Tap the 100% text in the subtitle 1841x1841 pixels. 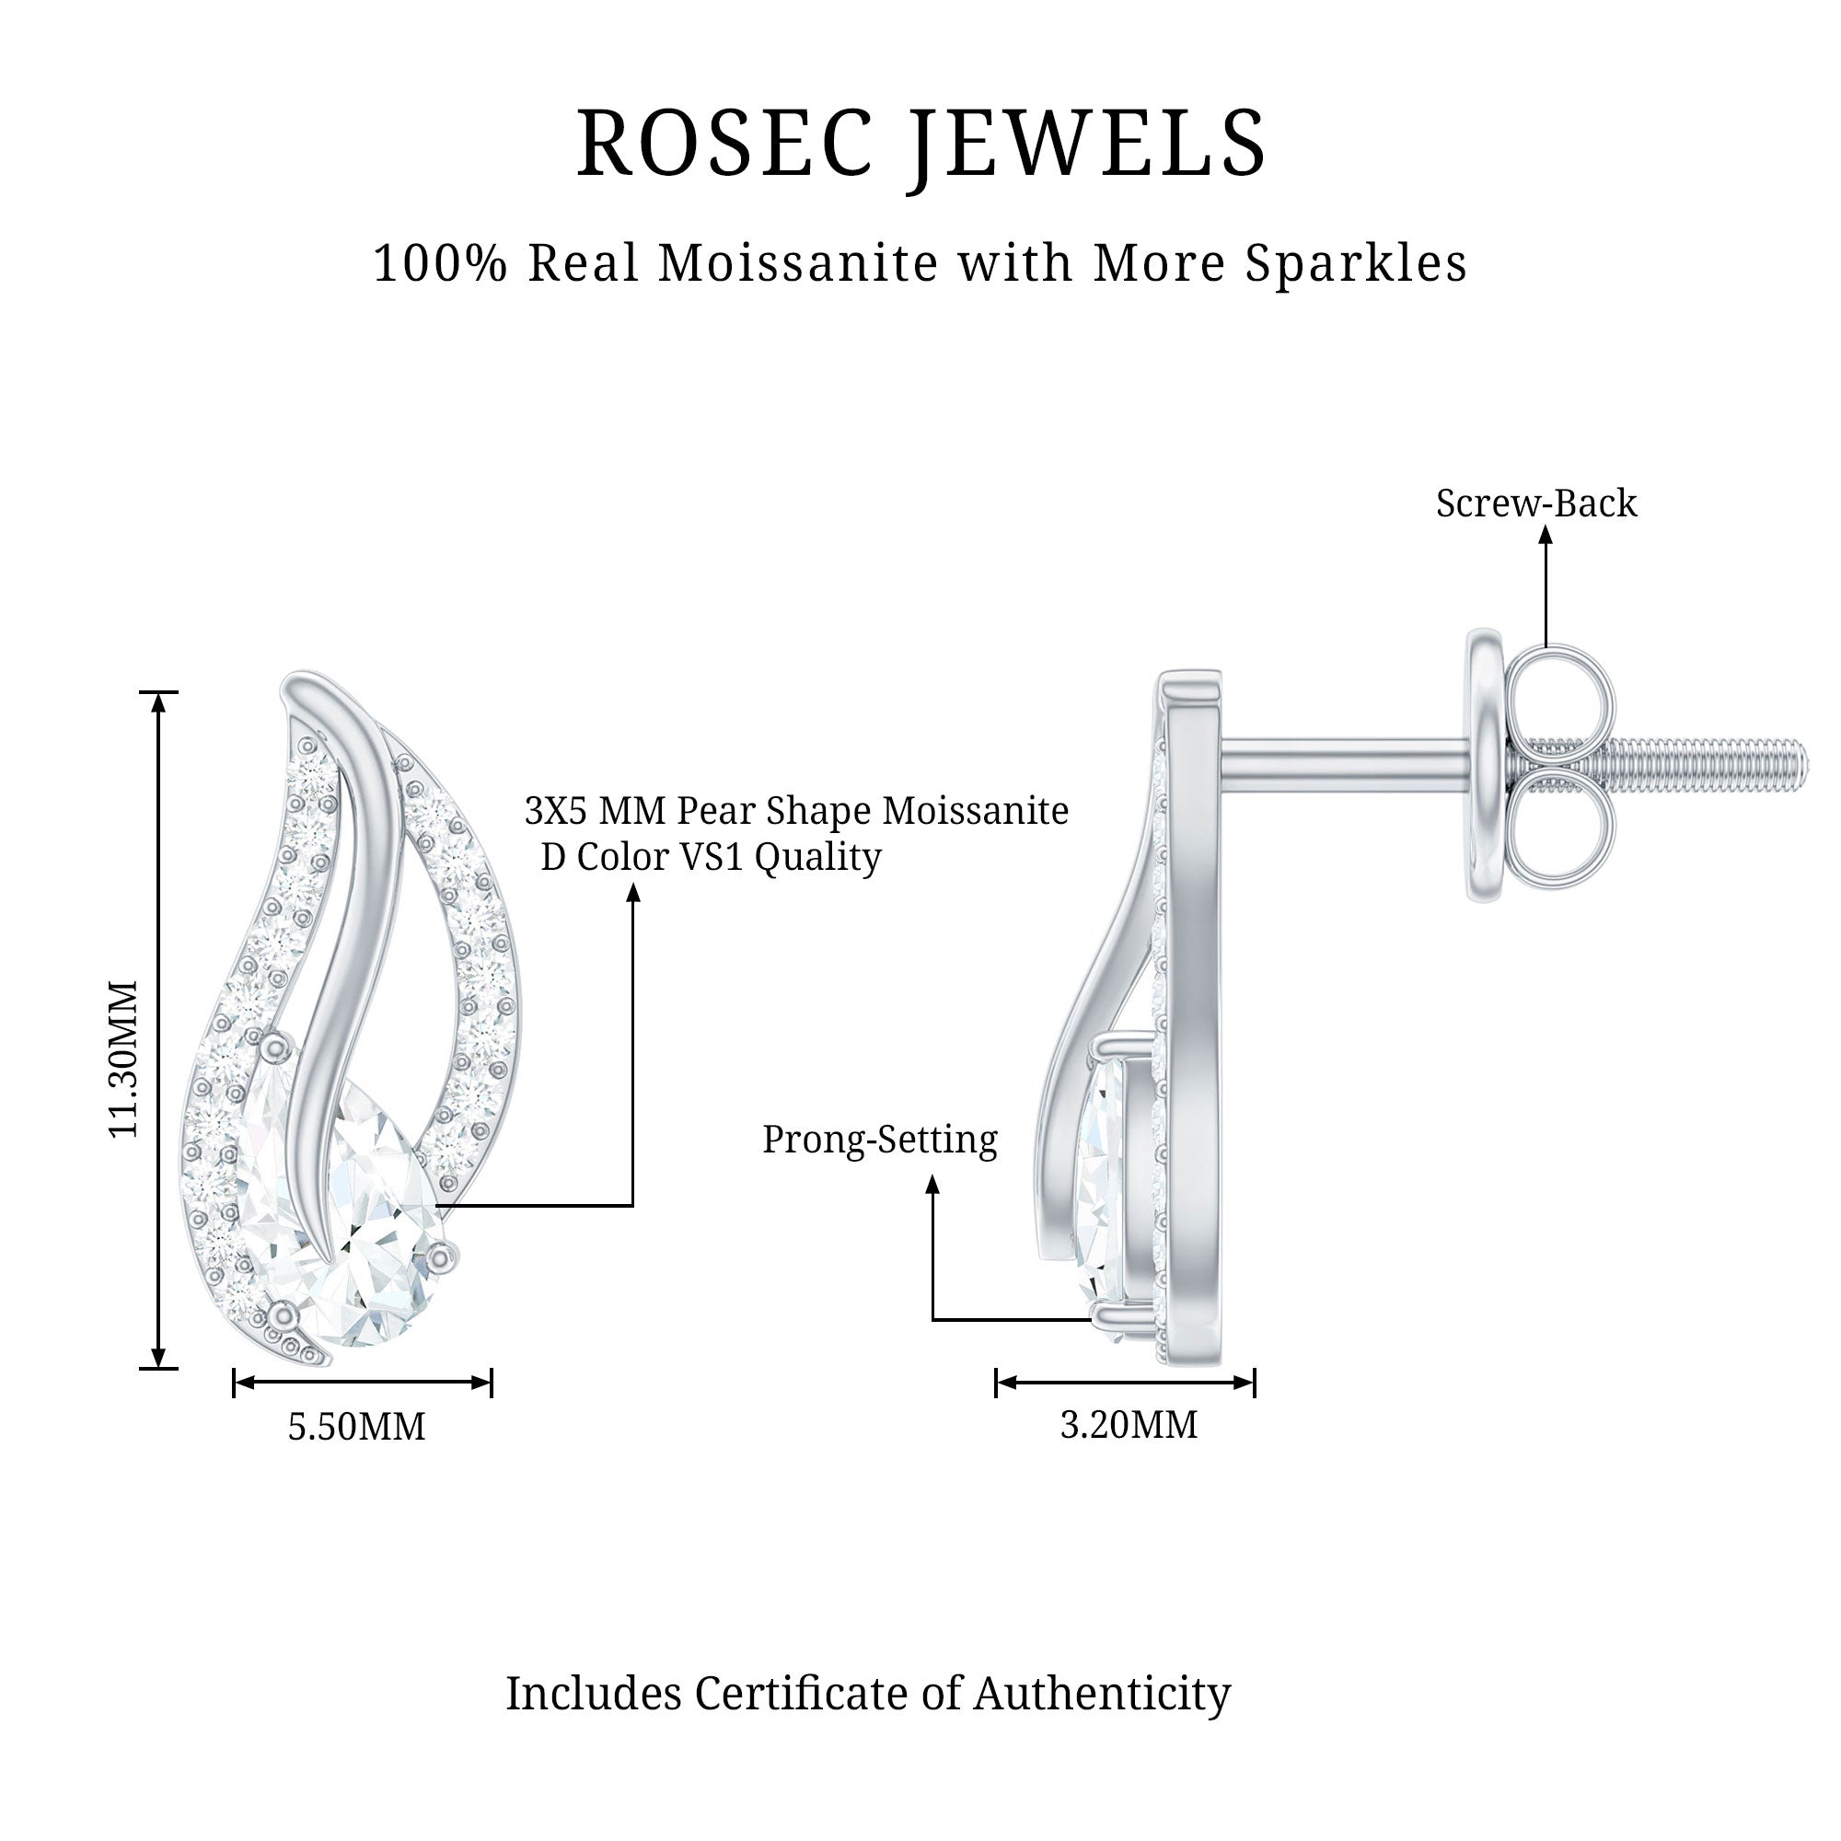point(439,263)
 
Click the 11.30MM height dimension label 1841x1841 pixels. point(124,1059)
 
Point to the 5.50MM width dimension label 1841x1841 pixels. point(356,1427)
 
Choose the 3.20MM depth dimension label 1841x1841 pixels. point(1129,1425)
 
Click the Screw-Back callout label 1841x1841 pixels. point(1536,504)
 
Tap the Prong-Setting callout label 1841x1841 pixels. point(879,1139)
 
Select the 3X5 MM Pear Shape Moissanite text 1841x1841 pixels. point(796,811)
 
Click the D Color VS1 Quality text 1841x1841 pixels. point(711,857)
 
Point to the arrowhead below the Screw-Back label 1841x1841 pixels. point(1546,536)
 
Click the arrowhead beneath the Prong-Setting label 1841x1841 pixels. point(932,1185)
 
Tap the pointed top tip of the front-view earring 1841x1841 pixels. point(302,678)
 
